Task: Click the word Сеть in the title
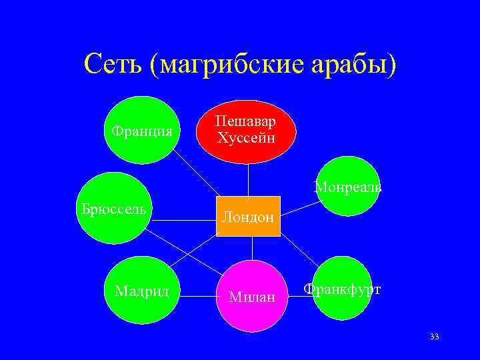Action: click(113, 64)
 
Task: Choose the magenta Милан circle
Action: click(251, 295)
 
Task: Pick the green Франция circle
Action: click(142, 131)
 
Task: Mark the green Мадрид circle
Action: click(142, 291)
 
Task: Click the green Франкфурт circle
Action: click(343, 288)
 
